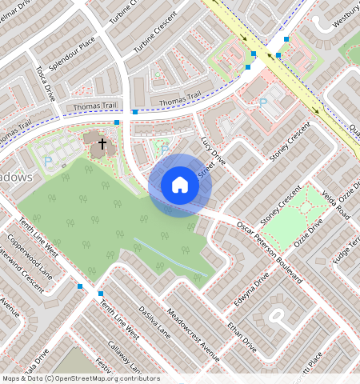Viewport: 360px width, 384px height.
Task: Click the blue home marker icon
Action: coord(180,185)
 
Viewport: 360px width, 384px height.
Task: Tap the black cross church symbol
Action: coord(102,145)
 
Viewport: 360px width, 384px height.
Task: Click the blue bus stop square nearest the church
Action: coord(117,122)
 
